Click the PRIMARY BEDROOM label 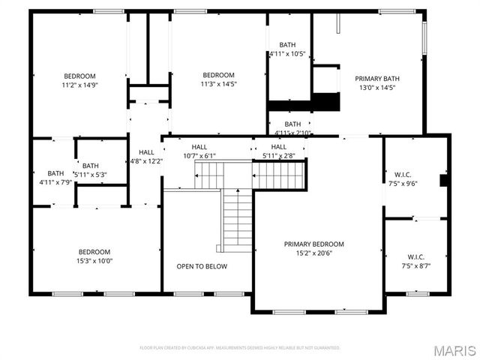[313, 244]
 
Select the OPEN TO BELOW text [202, 266]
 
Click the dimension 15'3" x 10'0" [94, 261]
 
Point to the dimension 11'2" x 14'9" [79, 85]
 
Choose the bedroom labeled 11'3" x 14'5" [218, 75]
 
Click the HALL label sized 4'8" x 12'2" [146, 152]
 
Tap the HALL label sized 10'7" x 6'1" [199, 147]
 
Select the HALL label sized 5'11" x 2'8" [278, 147]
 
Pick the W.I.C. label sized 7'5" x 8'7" [416, 256]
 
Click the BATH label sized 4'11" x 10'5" [287, 45]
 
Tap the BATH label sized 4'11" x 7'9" [55, 173]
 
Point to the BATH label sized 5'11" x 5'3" [90, 166]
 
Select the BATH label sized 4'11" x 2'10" [292, 124]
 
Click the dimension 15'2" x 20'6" [313, 253]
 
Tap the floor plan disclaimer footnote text [240, 348]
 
